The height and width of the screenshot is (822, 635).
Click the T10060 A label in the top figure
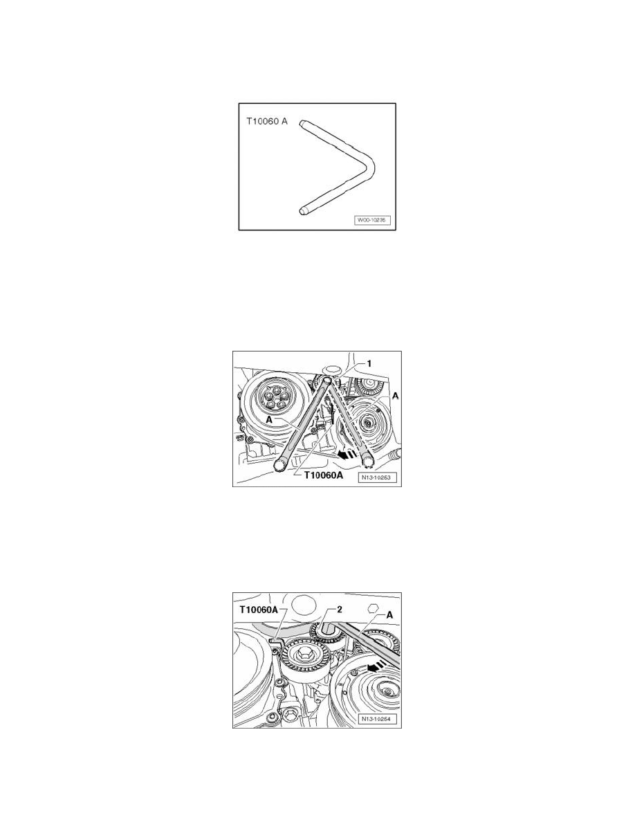click(267, 122)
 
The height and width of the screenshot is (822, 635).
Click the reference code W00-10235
click(371, 220)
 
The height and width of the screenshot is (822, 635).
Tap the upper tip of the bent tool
click(303, 124)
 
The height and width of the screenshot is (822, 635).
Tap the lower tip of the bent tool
click(304, 211)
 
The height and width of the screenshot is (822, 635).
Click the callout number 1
click(369, 363)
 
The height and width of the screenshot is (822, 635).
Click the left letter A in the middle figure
click(269, 420)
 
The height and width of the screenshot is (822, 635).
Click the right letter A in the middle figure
click(395, 396)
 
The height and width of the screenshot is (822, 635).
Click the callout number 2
click(340, 609)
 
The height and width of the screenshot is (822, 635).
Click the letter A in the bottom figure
click(389, 614)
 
